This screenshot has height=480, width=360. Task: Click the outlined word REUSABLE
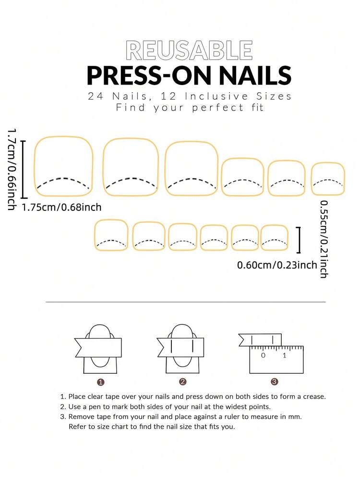click(189, 50)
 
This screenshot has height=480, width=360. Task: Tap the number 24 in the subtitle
click(96, 96)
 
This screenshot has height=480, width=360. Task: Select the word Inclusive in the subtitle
click(216, 96)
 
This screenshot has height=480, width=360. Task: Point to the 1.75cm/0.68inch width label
click(61, 207)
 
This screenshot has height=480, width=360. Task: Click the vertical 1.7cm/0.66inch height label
click(12, 169)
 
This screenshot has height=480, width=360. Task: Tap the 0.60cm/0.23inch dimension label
click(277, 265)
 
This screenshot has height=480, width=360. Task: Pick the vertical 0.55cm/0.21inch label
click(324, 239)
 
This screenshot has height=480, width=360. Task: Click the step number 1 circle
click(101, 382)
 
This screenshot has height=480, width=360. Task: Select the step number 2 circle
click(183, 382)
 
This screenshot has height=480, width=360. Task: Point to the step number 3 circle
click(275, 382)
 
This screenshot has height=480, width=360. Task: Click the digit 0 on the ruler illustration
click(263, 356)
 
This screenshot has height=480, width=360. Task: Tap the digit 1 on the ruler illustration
click(285, 356)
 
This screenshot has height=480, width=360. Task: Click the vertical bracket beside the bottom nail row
click(299, 240)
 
